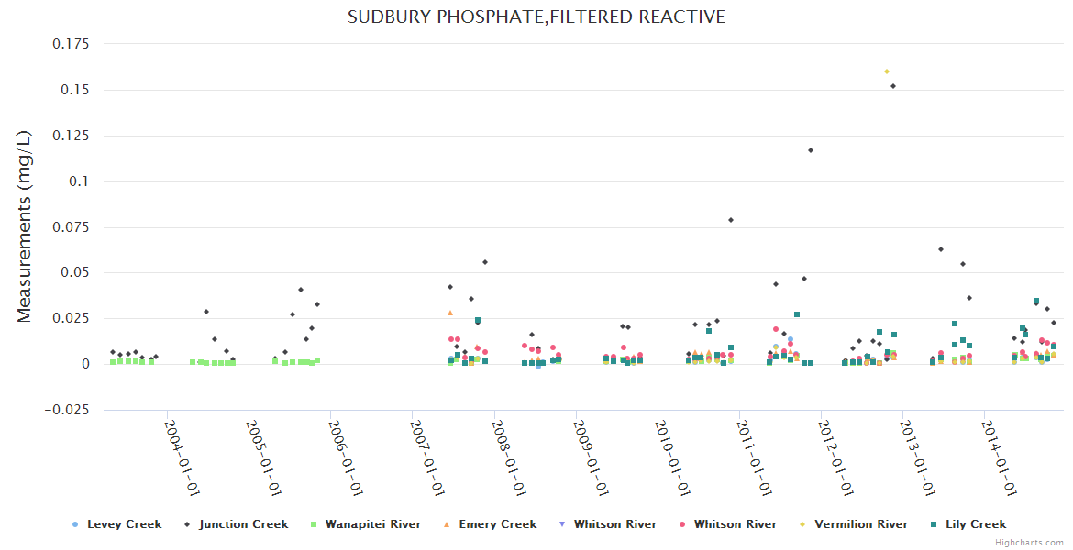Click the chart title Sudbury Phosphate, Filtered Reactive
[x=536, y=17]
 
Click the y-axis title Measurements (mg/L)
[x=25, y=226]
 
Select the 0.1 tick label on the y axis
[x=78, y=181]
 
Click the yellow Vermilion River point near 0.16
[x=886, y=71]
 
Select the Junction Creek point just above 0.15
[x=893, y=86]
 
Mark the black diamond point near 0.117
[x=811, y=150]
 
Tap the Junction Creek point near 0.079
[x=731, y=220]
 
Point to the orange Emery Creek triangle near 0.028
[x=450, y=313]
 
